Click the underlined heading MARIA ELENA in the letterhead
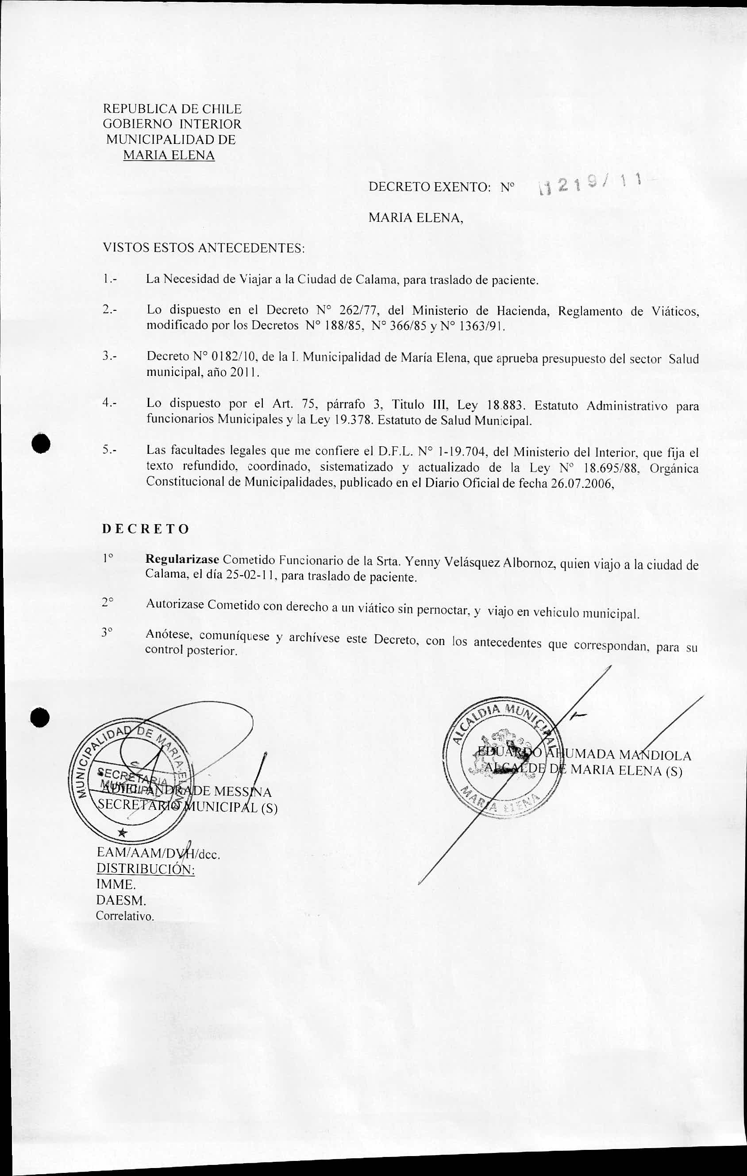(x=169, y=155)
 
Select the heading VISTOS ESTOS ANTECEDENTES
(x=204, y=248)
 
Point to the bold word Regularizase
(x=183, y=559)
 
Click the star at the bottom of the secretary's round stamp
(x=123, y=833)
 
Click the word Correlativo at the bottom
(x=125, y=915)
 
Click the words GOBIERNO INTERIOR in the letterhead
(x=172, y=124)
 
